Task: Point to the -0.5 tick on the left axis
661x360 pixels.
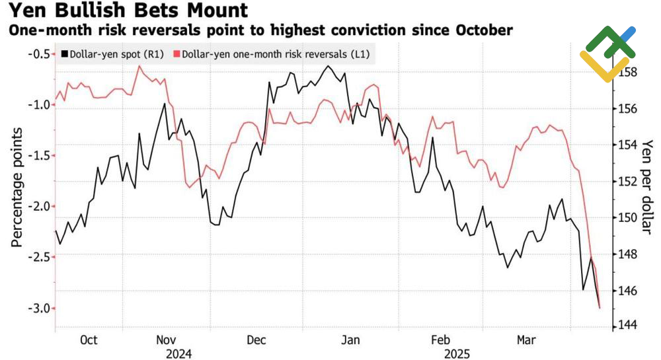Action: pyautogui.click(x=37, y=54)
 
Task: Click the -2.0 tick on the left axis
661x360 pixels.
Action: pyautogui.click(x=37, y=206)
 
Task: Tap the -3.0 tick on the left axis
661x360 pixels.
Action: pyautogui.click(x=37, y=308)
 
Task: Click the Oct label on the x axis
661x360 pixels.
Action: pyautogui.click(x=89, y=340)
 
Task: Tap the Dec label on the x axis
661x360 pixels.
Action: pyautogui.click(x=256, y=340)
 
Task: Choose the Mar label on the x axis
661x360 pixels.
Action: pyautogui.click(x=526, y=340)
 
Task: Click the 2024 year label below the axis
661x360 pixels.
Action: pyautogui.click(x=178, y=354)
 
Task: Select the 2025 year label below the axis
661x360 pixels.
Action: pyautogui.click(x=456, y=354)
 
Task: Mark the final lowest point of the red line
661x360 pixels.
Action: pyautogui.click(x=600, y=308)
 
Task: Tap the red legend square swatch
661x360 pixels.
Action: pyautogui.click(x=176, y=54)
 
